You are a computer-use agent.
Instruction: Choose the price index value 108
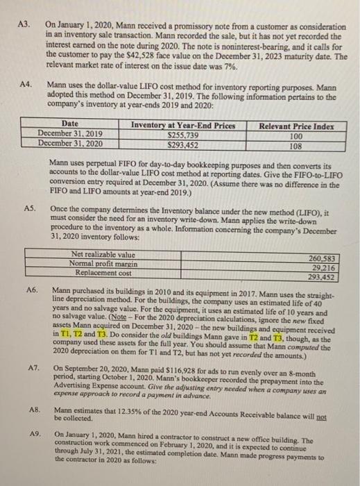point(295,145)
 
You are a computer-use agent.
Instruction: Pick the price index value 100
point(294,135)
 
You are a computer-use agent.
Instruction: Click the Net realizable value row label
point(101,254)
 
